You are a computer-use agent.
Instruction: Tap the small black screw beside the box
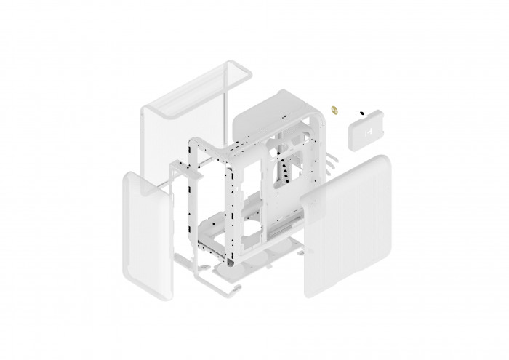361,113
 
